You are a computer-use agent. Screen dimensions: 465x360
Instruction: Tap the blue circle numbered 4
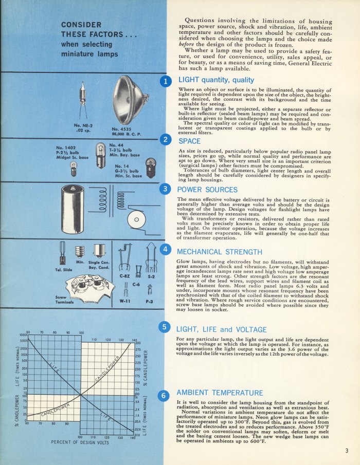pyautogui.click(x=165, y=249)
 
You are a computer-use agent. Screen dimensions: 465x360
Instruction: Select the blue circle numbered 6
pyautogui.click(x=165, y=395)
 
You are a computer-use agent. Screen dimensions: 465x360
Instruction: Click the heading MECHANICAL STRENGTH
pyautogui.click(x=220, y=252)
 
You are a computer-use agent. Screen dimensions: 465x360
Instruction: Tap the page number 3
pyautogui.click(x=347, y=451)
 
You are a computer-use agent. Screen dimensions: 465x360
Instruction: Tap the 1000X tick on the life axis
pyautogui.click(x=23, y=334)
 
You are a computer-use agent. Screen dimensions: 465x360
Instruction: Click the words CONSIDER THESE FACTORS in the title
pyautogui.click(x=89, y=29)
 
